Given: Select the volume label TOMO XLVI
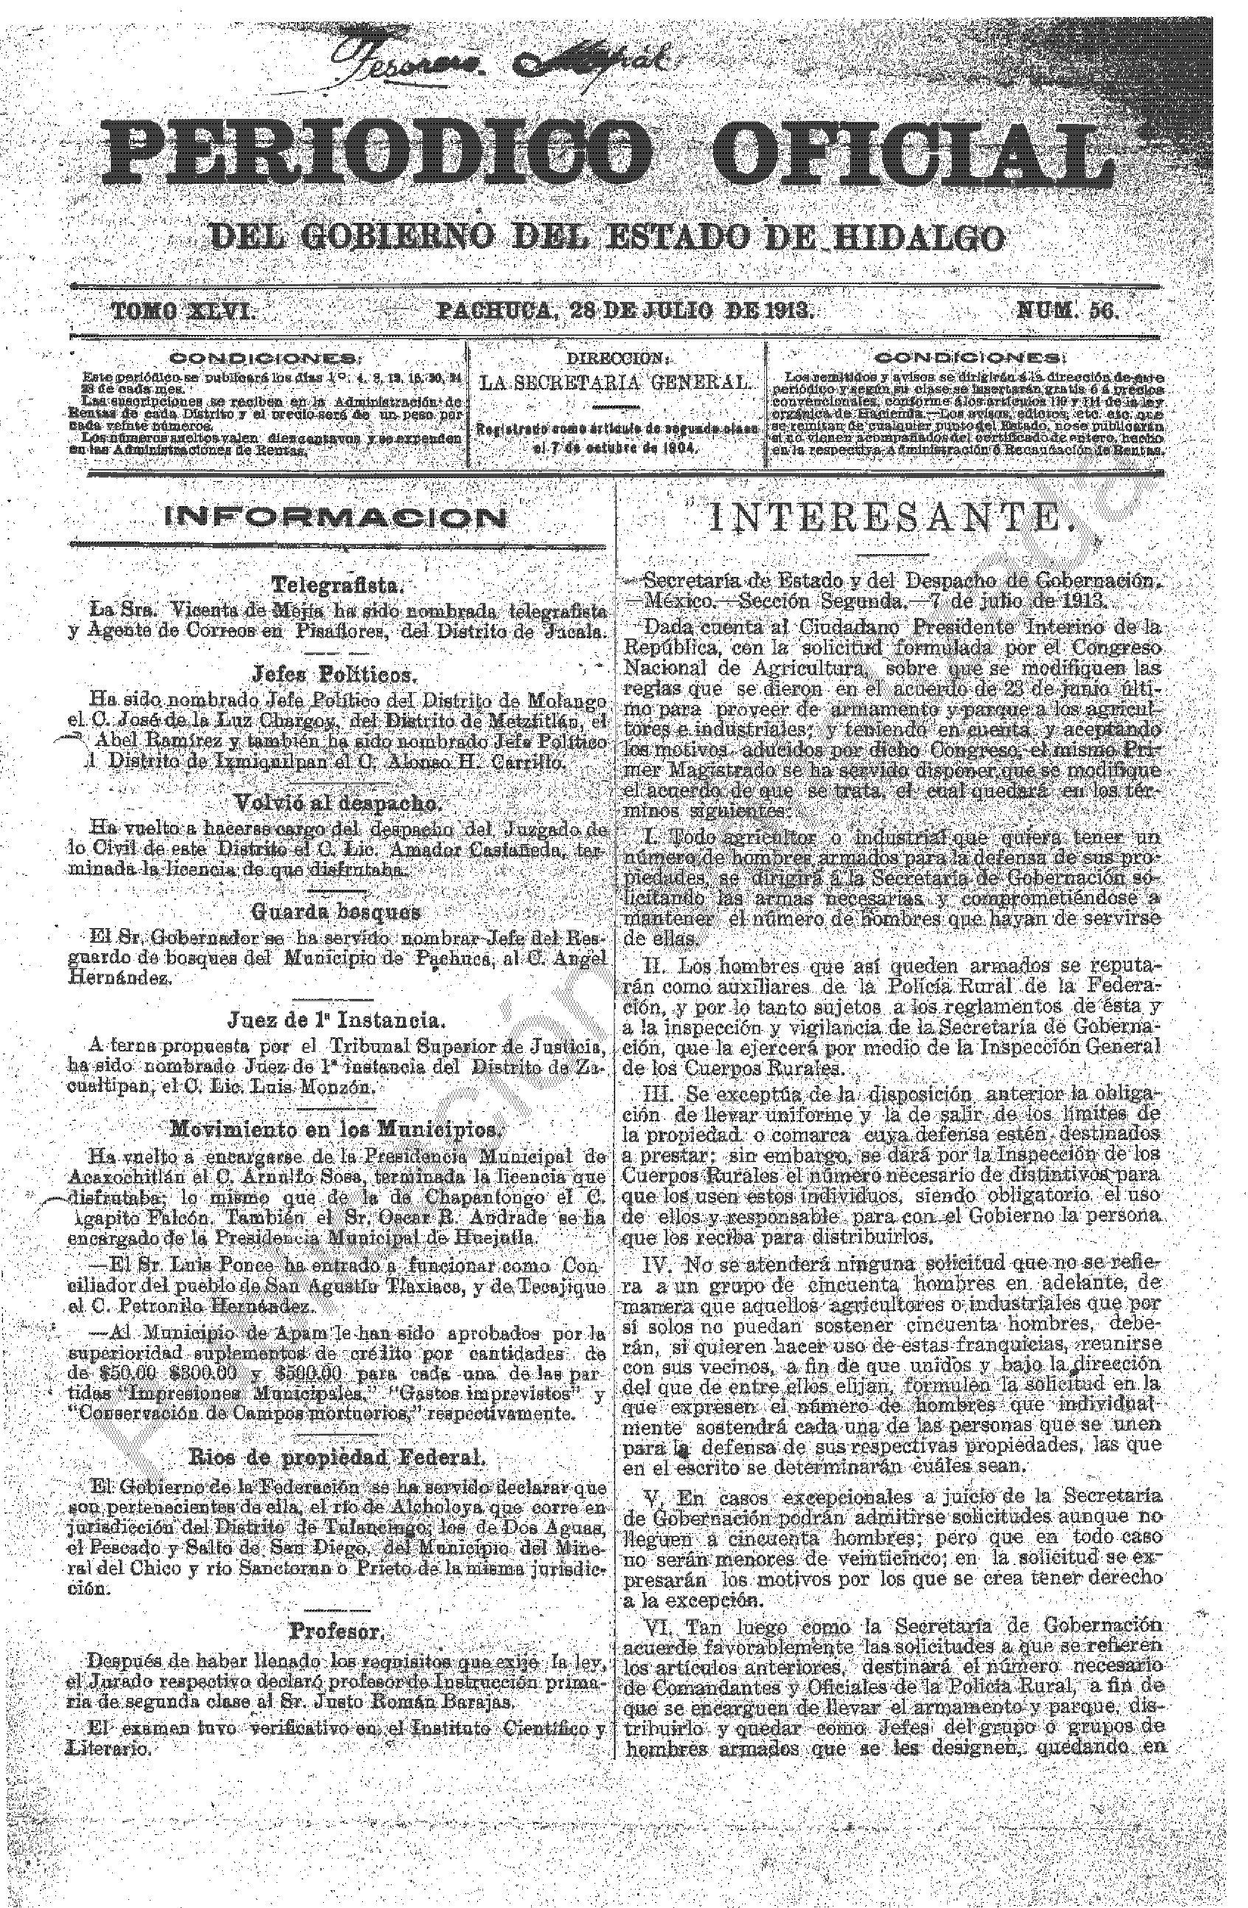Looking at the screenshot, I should click(x=183, y=311).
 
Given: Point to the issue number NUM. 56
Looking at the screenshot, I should click(x=1066, y=311).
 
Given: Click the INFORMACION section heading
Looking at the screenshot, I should click(x=336, y=518).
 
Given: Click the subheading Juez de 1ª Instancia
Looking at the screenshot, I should click(x=334, y=1020).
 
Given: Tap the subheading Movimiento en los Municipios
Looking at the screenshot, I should click(x=335, y=1130).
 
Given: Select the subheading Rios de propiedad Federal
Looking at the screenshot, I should click(x=336, y=1456).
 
